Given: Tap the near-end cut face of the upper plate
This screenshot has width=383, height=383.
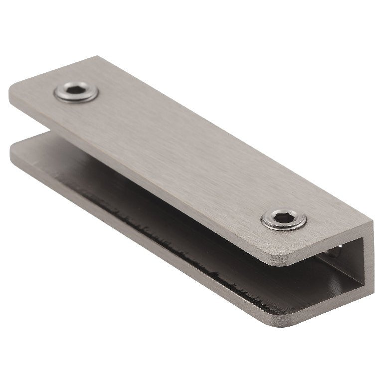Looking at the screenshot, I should [x=324, y=244].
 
